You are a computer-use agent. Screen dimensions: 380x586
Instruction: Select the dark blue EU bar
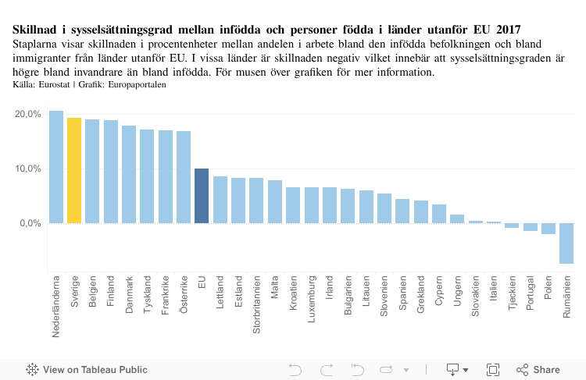[x=202, y=196]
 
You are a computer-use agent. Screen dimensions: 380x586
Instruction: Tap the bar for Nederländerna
[x=56, y=167]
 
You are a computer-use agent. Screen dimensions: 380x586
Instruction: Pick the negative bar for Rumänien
[x=566, y=243]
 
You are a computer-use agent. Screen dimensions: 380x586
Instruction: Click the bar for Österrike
[x=184, y=177]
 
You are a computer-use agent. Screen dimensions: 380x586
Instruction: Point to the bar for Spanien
[x=402, y=211]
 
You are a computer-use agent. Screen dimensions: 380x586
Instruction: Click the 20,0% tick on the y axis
[x=28, y=114]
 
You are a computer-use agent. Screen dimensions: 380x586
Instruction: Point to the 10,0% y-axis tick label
[x=28, y=169]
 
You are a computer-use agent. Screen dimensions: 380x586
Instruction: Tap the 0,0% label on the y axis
[x=30, y=223]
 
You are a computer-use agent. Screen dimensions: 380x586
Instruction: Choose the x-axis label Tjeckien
[x=512, y=293]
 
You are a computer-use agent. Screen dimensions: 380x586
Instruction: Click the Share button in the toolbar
[x=538, y=369]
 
